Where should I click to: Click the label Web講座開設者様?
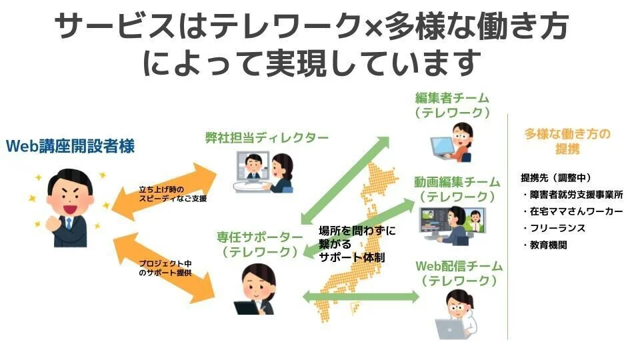70,146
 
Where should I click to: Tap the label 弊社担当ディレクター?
267,138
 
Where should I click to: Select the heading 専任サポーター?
259,237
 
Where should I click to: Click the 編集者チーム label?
452,99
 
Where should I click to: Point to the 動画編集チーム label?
457,182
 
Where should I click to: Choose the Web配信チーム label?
459,266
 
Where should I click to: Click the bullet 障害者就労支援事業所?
575,195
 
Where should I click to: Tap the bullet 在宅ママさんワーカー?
575,212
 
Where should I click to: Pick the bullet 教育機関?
548,245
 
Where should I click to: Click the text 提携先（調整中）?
555,178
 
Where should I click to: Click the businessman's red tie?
69,223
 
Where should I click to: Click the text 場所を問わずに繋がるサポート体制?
357,244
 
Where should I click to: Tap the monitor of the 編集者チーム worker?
441,145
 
